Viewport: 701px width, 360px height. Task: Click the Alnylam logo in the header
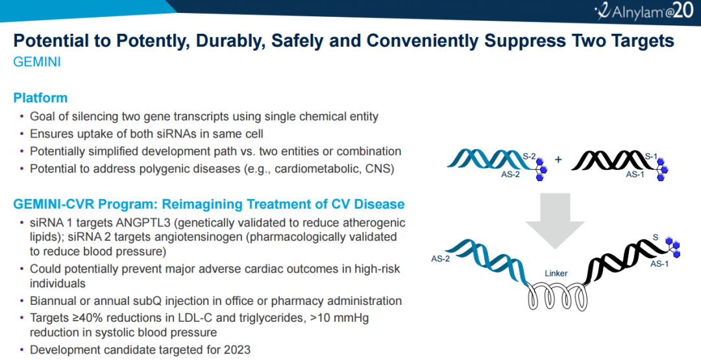[x=644, y=11]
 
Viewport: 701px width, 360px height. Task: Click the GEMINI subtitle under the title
[x=37, y=62]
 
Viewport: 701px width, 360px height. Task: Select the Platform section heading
[x=40, y=98]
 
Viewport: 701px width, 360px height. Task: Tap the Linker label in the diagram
[x=556, y=273]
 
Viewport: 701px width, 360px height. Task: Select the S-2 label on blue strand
[x=530, y=156]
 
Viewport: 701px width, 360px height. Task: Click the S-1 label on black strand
[x=651, y=156]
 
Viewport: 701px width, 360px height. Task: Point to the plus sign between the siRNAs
[x=558, y=160]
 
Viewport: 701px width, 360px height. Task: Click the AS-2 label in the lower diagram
[x=440, y=259]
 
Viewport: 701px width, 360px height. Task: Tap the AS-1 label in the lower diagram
[x=659, y=263]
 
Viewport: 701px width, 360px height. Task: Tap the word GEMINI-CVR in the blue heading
[x=54, y=204]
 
